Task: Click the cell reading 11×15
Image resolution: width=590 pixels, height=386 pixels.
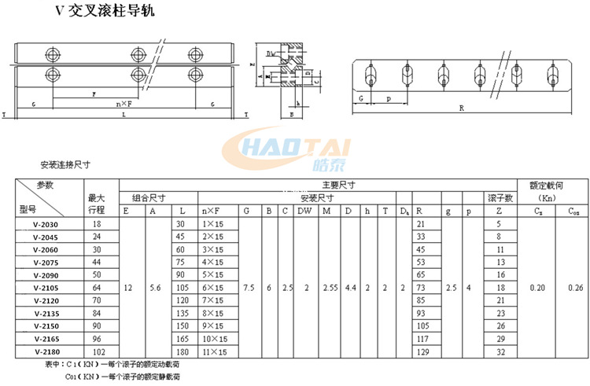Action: pyautogui.click(x=215, y=351)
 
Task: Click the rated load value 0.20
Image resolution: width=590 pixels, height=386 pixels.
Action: pyautogui.click(x=537, y=288)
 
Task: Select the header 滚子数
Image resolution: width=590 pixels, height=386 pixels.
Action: pyautogui.click(x=500, y=197)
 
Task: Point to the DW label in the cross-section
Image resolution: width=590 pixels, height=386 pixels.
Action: pyautogui.click(x=271, y=54)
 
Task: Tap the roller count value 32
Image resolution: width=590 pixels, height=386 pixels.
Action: pyautogui.click(x=500, y=351)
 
